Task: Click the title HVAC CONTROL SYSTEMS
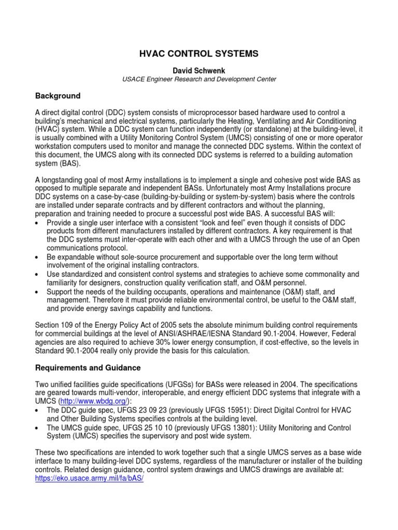pyautogui.click(x=199, y=53)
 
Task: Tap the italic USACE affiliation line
pyautogui.click(x=199, y=79)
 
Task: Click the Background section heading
pyautogui.click(x=58, y=96)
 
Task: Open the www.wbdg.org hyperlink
pyautogui.click(x=92, y=401)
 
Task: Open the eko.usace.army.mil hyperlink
pyautogui.click(x=89, y=479)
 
